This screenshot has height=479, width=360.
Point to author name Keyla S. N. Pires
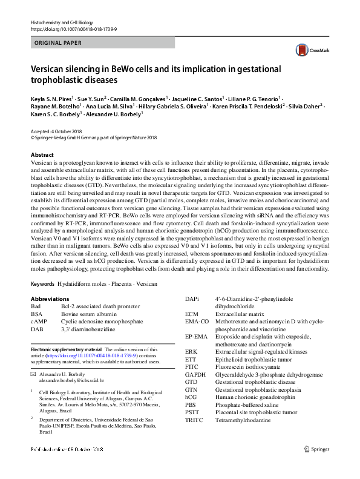(x=51, y=97)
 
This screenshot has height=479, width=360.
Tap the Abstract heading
(x=42, y=155)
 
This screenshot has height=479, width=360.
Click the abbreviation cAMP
(x=38, y=322)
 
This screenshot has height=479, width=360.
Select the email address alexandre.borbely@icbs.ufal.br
(x=71, y=383)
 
